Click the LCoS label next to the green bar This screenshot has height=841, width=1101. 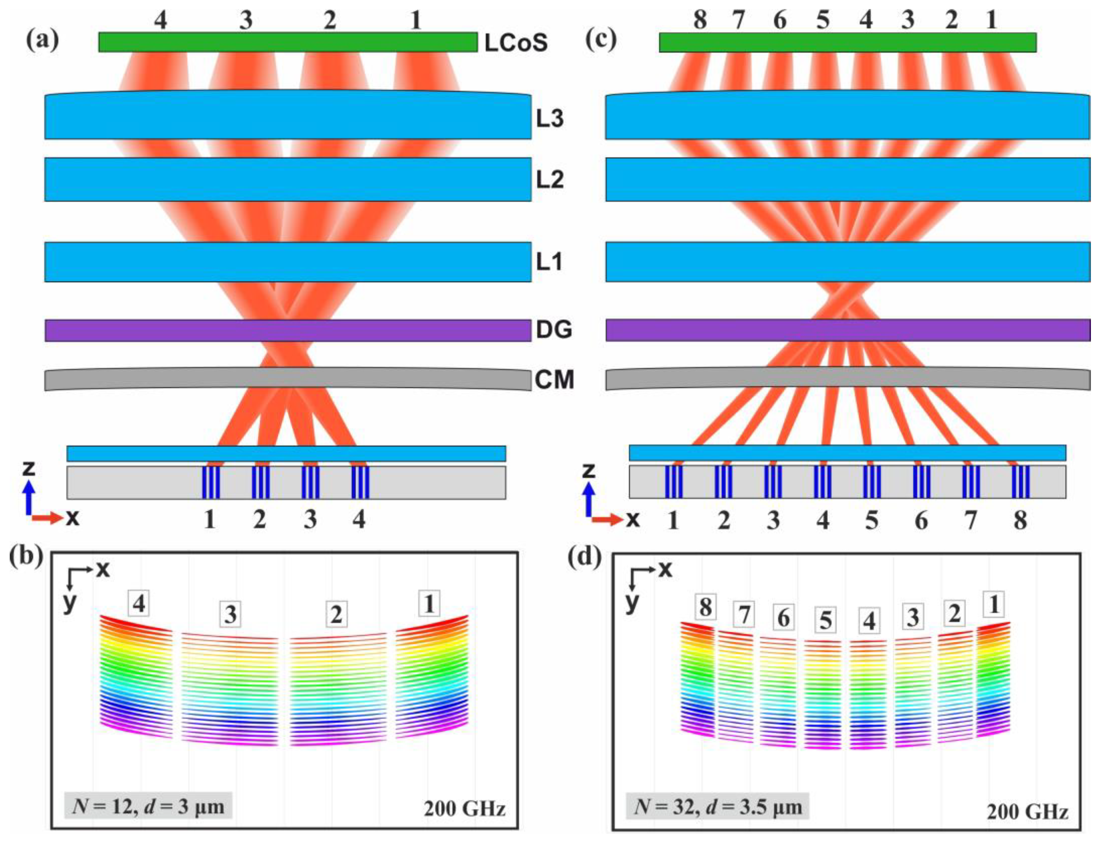(x=516, y=43)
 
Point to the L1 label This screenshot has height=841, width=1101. (x=549, y=262)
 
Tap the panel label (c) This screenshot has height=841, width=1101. (x=601, y=40)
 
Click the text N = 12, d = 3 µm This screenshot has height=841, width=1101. (x=148, y=806)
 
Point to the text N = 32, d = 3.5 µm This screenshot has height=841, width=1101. (x=717, y=806)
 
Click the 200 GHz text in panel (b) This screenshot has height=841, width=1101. (x=464, y=808)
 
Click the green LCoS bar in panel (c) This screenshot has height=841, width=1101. (x=847, y=43)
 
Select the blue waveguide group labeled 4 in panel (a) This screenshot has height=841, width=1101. (x=360, y=482)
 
